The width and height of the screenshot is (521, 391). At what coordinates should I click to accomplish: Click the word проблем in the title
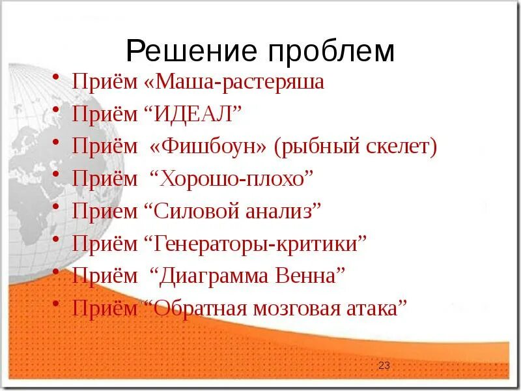point(328,51)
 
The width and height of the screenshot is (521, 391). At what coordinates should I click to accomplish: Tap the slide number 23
point(384,366)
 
